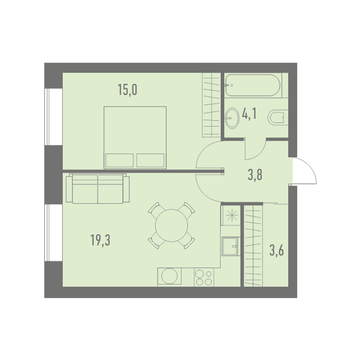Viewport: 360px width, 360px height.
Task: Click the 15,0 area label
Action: (127, 90)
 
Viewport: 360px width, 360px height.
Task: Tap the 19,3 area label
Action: (100, 240)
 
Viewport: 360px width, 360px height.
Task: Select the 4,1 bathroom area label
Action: (249, 114)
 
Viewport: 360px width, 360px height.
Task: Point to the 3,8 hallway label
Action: (255, 175)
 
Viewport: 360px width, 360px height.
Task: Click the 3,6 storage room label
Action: (276, 251)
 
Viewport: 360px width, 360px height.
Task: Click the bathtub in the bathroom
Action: (252, 85)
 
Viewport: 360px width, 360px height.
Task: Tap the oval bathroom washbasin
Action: (232, 118)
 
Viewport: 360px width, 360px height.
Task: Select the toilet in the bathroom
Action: (278, 118)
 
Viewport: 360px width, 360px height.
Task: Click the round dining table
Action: (171, 225)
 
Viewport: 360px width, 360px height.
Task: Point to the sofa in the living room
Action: (97, 189)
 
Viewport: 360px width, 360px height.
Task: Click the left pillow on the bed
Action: (120, 160)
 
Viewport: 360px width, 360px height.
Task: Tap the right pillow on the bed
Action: (150, 160)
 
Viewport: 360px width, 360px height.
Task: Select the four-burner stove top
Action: (204, 277)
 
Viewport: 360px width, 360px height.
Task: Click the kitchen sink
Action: (230, 247)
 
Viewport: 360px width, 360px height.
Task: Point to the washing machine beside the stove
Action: (169, 277)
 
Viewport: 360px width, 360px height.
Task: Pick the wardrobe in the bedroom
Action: (211, 105)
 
